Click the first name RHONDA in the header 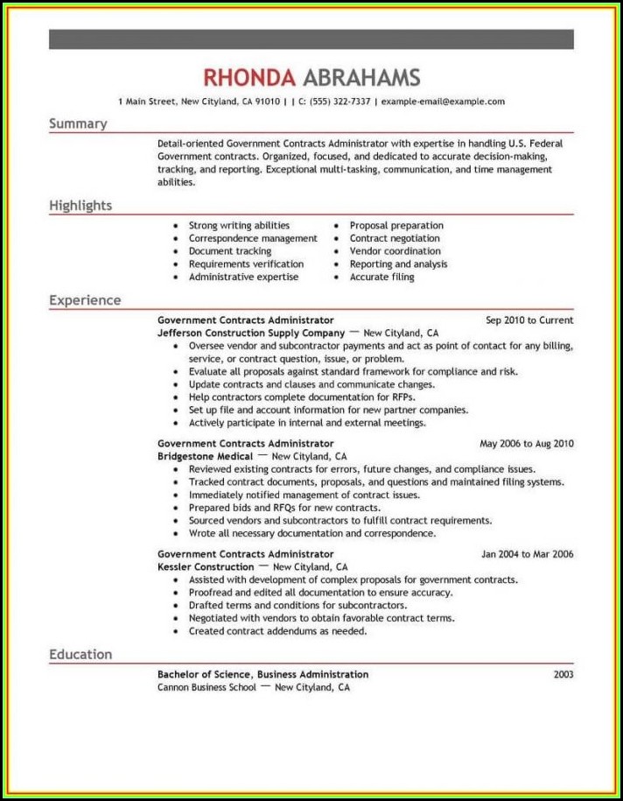[x=248, y=77]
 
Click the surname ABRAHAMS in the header [x=360, y=77]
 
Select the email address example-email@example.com [x=442, y=102]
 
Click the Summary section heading [x=78, y=123]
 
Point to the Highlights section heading [x=80, y=206]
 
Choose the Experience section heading [x=85, y=300]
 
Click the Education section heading [x=80, y=654]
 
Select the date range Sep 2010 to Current [x=529, y=320]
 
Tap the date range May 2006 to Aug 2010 [x=527, y=444]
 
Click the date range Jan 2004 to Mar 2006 [x=528, y=554]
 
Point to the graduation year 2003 [x=563, y=674]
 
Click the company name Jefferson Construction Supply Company [x=251, y=334]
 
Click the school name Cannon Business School [x=206, y=687]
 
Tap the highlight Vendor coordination [x=395, y=251]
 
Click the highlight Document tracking [x=230, y=251]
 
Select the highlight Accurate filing [x=381, y=277]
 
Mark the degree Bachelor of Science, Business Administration [x=262, y=674]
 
